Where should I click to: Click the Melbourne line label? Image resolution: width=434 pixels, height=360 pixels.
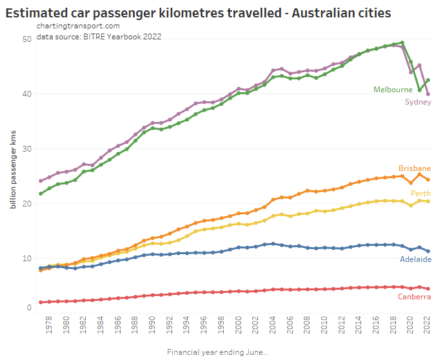tap(393, 90)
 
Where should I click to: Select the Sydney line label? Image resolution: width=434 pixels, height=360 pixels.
tap(417, 102)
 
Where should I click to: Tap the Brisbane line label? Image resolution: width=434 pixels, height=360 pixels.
tap(414, 168)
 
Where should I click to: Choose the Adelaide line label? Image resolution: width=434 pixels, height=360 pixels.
tap(415, 259)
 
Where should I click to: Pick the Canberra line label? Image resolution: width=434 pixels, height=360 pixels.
tap(415, 296)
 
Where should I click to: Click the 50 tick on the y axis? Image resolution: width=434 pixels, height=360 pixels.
tap(27, 39)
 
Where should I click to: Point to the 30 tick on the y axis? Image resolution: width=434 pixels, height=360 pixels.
tap(27, 149)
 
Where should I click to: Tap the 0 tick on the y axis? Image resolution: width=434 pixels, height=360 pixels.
tap(29, 308)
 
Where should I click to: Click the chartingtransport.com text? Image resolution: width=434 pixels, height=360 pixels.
tap(78, 26)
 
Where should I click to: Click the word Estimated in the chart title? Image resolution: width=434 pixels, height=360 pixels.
tap(37, 12)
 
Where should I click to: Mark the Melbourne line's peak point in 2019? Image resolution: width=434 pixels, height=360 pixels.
tap(402, 43)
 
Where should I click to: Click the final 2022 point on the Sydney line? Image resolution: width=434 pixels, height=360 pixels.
tap(428, 94)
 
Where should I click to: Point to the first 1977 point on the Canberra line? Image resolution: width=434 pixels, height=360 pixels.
tap(41, 302)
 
